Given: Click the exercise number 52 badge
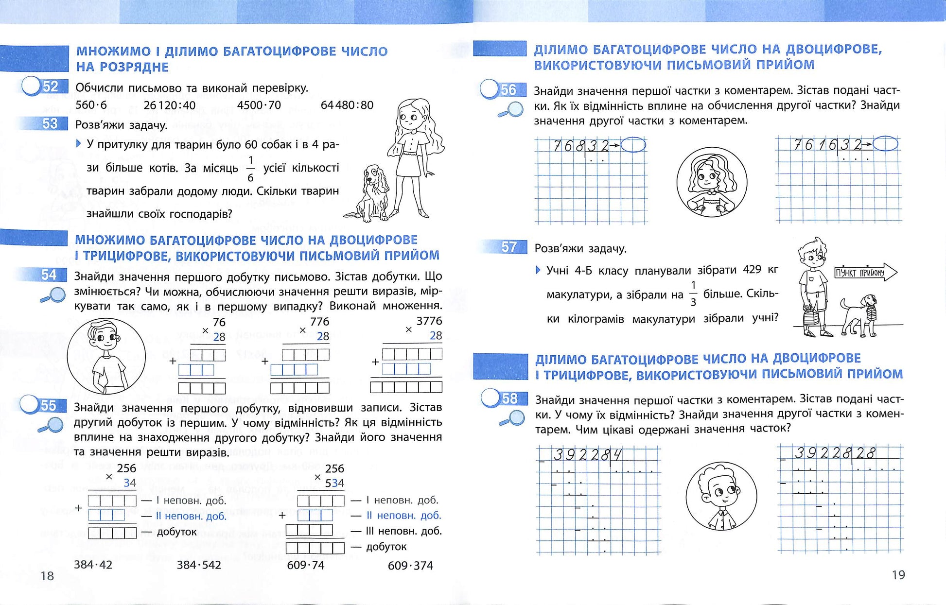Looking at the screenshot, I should pos(50,86).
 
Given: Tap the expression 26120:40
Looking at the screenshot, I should pos(169,105).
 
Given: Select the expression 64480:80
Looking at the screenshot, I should pos(347,105).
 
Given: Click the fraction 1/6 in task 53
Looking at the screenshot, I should pos(250,169).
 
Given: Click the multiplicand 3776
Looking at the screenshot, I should pos(429,321).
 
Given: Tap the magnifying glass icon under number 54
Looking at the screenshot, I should pos(53,295).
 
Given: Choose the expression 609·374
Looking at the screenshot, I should pos(410,565).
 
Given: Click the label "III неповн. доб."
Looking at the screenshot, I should pos(403,531).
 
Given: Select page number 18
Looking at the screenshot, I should pos(47,576).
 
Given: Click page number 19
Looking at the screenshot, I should pos(898,575).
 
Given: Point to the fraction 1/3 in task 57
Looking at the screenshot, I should pos(693,294).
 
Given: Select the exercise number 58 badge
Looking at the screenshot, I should pos(508,398).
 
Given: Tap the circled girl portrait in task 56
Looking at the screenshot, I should pos(712,182).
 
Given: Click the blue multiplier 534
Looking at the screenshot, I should pos(334,483).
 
